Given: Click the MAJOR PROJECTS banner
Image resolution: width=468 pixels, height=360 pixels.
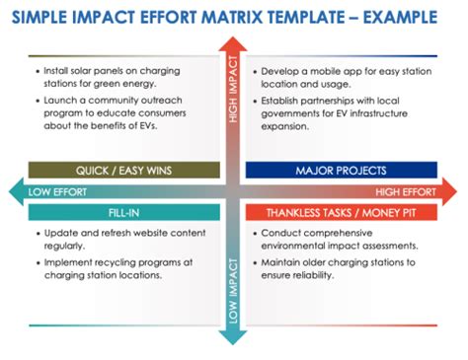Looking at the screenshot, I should [x=343, y=170].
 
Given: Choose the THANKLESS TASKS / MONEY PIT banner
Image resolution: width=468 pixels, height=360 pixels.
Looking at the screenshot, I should [x=343, y=211].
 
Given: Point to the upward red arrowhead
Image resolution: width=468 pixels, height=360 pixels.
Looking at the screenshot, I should [x=233, y=44].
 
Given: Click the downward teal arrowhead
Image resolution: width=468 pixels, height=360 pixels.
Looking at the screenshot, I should [x=233, y=337].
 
